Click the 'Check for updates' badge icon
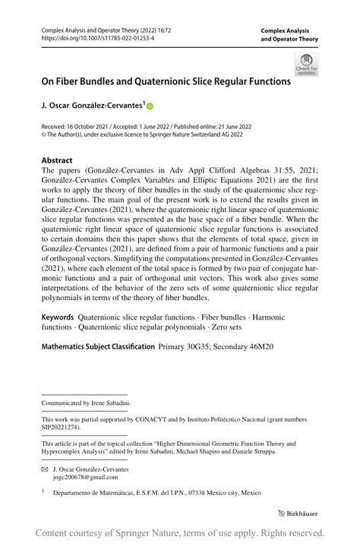pos(308,65)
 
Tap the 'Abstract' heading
pos(57,161)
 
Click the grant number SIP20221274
pos(65,427)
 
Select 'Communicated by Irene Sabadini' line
pos(86,403)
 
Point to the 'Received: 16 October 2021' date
pos(75,129)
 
